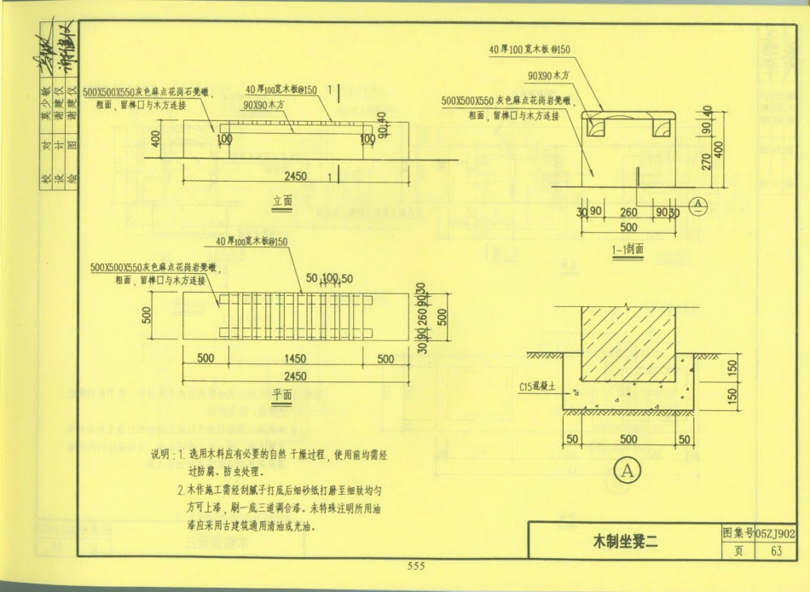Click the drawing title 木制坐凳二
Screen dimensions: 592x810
tap(626, 540)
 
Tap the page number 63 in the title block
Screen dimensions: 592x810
tap(776, 550)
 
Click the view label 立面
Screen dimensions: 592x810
tap(282, 201)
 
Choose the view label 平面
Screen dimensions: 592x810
tap(282, 394)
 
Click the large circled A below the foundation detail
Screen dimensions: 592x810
tap(627, 470)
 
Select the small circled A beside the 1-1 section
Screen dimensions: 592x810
tap(697, 204)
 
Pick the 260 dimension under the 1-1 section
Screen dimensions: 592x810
tap(629, 212)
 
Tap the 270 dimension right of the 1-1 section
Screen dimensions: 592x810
tap(706, 161)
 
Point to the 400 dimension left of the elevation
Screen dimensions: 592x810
tap(155, 138)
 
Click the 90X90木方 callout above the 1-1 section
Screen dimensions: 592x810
tap(548, 76)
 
